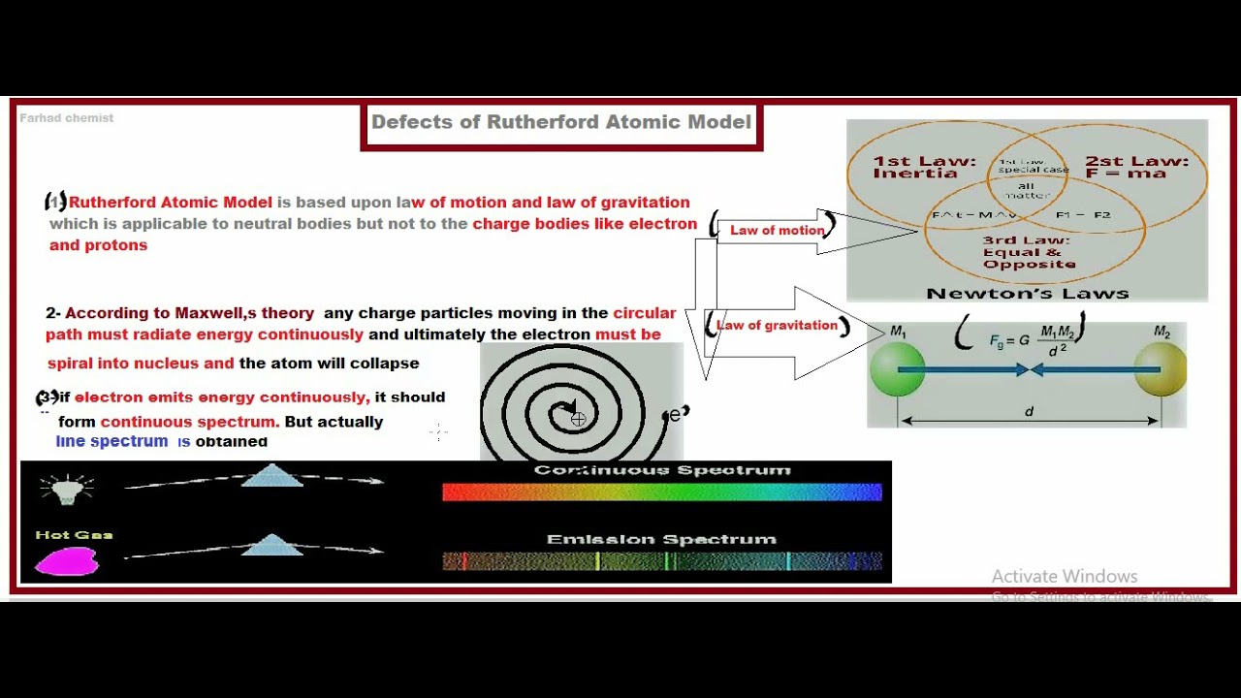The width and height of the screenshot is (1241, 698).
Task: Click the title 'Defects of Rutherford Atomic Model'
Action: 561,122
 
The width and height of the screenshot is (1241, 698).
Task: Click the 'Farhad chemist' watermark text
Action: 67,118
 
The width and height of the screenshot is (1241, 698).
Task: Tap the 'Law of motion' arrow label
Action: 777,231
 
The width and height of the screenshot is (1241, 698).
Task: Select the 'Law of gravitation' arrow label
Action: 777,326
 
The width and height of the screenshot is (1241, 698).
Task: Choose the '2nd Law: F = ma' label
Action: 1136,167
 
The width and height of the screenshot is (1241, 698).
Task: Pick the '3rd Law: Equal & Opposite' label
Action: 1028,252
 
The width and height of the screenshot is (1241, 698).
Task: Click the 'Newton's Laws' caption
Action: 1027,293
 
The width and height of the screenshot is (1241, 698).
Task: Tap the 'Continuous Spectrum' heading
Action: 661,470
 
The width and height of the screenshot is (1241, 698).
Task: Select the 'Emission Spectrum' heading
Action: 661,539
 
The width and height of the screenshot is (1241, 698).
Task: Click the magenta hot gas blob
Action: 67,561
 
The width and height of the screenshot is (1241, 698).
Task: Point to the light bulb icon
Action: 66,490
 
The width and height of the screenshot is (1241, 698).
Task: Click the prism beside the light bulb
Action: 271,475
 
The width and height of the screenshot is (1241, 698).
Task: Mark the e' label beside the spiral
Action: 678,415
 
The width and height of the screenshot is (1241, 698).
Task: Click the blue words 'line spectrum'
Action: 111,441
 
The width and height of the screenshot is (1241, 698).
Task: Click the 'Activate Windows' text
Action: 1064,576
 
